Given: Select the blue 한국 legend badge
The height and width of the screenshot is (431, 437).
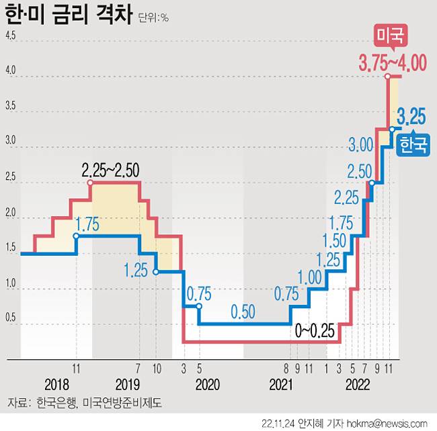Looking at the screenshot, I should pos(413,145).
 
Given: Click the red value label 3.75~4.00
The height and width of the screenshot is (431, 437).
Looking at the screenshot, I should pos(393,64).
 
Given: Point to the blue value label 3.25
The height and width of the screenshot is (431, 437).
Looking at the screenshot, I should pos(410,116).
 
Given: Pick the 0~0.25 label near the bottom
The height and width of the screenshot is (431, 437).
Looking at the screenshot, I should pos(315,330).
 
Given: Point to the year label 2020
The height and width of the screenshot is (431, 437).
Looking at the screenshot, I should pos(206,385).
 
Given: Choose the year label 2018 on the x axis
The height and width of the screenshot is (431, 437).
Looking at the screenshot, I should pos(57,385).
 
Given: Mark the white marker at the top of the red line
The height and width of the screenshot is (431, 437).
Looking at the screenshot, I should pos(389,77).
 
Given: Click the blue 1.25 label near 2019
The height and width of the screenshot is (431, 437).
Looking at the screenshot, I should pos(136,271).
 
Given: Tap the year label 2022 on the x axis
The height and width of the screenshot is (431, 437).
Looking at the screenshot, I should pos(358,385).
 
